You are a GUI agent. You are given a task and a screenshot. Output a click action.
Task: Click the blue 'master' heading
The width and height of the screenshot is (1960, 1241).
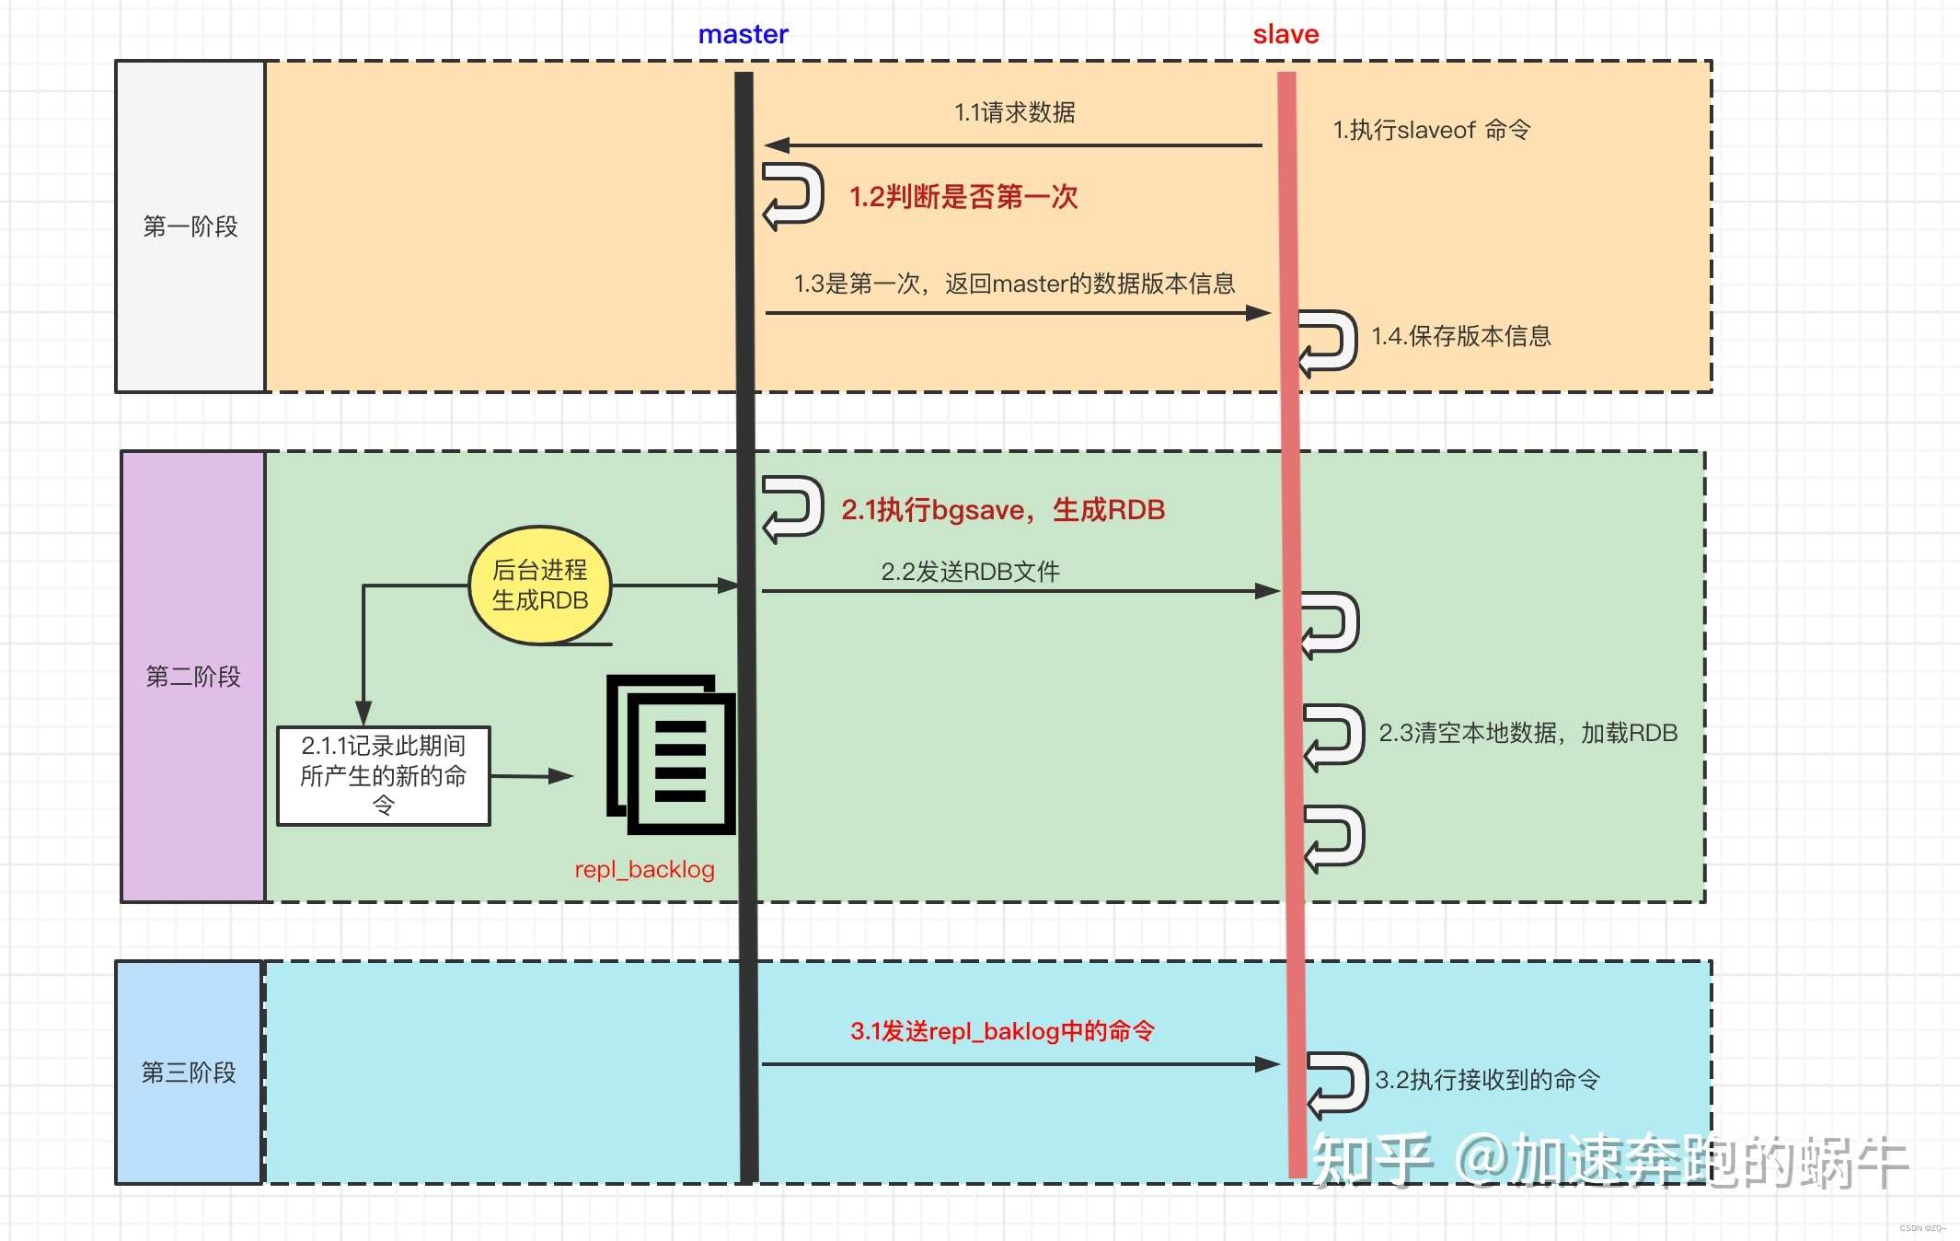[x=743, y=35]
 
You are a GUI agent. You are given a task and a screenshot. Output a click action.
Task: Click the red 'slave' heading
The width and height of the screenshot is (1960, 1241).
[x=1286, y=35]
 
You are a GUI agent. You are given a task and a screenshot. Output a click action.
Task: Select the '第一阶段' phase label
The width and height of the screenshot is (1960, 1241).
[x=190, y=226]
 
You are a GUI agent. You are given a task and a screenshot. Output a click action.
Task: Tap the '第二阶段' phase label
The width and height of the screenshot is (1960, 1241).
[x=193, y=677]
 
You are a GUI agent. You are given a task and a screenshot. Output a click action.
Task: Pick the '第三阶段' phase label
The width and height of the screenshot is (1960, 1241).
[x=189, y=1073]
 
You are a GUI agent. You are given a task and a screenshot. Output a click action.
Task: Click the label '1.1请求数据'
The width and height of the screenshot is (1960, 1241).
[x=1014, y=113]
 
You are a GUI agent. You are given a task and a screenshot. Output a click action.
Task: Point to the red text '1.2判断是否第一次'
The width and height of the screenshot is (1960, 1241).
[x=963, y=197]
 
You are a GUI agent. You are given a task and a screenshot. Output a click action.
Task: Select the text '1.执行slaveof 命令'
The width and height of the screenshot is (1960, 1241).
[x=1432, y=131]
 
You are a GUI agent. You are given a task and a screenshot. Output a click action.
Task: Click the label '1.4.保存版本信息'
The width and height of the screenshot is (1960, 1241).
[x=1461, y=337]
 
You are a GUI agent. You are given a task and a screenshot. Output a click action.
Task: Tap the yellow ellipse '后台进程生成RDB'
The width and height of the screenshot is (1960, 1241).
[x=540, y=586]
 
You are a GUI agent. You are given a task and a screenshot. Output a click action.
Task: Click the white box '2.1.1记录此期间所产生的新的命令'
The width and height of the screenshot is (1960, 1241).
[x=384, y=776]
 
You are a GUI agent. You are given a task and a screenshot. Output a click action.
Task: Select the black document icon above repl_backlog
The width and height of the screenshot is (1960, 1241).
[x=671, y=755]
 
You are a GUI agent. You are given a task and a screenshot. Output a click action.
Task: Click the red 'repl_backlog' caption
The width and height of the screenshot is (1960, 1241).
[x=644, y=870]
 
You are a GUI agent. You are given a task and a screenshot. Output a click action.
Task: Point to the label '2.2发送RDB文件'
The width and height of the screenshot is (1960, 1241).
[x=970, y=572]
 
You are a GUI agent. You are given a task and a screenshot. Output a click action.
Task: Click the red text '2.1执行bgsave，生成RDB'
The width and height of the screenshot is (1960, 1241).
[x=1003, y=510]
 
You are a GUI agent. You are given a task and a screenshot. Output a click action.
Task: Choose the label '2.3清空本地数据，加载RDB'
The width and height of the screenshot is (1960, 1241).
[x=1528, y=734]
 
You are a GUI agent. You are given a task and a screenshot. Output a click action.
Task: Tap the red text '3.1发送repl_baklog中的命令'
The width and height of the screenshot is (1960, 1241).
[x=1002, y=1031]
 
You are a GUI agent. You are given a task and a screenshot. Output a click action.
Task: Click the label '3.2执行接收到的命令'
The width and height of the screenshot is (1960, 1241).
[x=1487, y=1080]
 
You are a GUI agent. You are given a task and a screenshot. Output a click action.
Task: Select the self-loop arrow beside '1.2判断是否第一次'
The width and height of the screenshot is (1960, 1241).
[x=792, y=195]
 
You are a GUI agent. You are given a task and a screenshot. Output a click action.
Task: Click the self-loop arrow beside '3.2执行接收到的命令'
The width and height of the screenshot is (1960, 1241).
[x=1337, y=1084]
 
